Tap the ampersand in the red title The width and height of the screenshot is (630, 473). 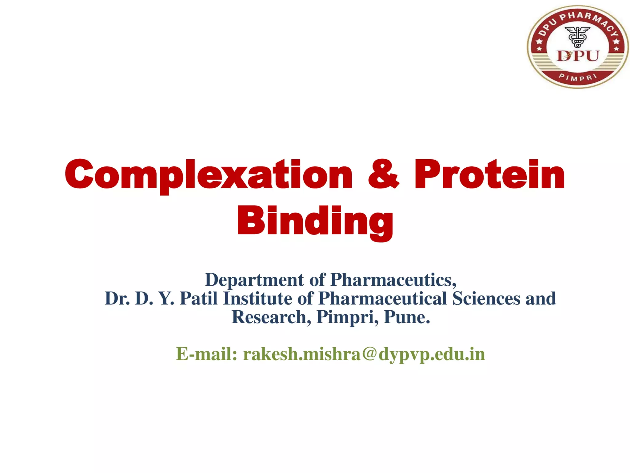tap(383, 174)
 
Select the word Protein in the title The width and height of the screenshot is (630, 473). tap(489, 174)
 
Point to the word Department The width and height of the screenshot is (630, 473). tap(254, 280)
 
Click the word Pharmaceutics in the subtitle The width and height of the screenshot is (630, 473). tap(393, 280)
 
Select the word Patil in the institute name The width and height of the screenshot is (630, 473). tap(198, 299)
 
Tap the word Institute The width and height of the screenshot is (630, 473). tap(257, 299)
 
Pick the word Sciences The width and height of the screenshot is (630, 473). tap(486, 299)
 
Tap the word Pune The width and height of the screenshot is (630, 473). tap(407, 317)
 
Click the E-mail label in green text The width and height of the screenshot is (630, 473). tap(206, 354)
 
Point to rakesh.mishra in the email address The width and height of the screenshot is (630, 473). tap(302, 354)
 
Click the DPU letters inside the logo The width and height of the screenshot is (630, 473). tap(578, 56)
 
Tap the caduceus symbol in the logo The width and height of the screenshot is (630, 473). tap(578, 37)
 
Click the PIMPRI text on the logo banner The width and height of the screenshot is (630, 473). tap(578, 78)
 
